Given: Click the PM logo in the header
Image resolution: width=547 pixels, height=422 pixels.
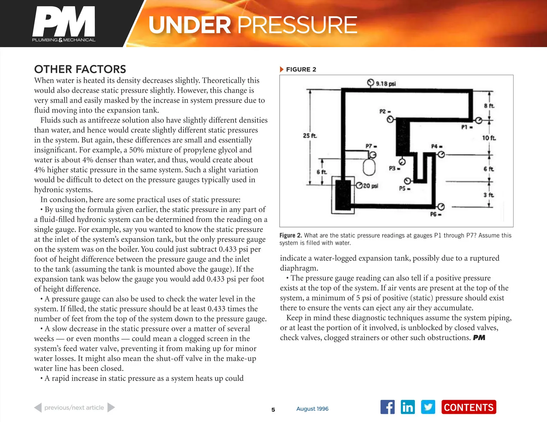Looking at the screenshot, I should point(64,24).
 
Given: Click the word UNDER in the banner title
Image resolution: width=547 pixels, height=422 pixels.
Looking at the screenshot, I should point(189,25).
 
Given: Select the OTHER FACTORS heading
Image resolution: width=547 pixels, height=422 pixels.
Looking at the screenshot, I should point(80,69).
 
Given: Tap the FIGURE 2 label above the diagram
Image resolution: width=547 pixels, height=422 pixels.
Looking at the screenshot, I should point(301,69).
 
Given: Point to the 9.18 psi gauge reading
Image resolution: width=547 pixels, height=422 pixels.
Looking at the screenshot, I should point(386,84).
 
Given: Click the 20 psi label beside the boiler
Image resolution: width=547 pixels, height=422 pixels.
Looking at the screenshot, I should point(370,186).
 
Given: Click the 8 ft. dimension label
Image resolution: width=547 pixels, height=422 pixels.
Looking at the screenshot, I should point(489,105).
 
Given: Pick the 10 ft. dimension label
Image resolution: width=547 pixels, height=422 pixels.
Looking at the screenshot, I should point(489,138).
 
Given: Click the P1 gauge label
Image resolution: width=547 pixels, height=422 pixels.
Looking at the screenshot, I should point(467,127).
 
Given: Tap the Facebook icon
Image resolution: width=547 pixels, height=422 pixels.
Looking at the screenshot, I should point(387,407).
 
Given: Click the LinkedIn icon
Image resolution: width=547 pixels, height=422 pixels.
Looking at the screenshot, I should point(408,407).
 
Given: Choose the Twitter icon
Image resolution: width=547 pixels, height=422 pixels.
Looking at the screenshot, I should point(428,407).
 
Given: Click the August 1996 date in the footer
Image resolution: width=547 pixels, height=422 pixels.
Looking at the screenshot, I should point(312,409).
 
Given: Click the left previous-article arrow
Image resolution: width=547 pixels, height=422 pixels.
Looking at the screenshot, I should point(38,408).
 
